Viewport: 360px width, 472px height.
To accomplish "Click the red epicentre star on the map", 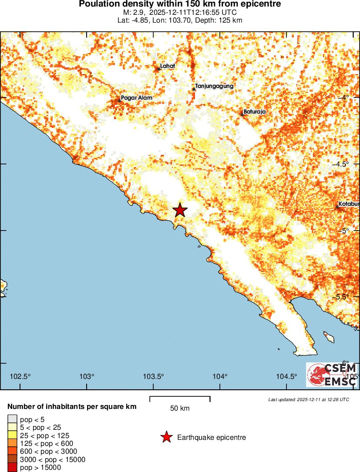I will click(x=180, y=210).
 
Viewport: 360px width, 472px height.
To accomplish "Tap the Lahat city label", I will click(x=168, y=67).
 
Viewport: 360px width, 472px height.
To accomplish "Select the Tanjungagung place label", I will click(x=215, y=86).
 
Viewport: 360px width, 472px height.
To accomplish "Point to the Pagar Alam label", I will click(x=137, y=98).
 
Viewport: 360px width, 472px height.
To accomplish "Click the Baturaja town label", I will click(x=255, y=112).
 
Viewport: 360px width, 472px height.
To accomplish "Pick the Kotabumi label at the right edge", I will click(x=349, y=204).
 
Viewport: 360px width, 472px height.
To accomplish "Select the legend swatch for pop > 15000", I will click(x=12, y=468).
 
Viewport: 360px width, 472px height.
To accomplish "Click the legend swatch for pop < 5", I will click(x=12, y=420).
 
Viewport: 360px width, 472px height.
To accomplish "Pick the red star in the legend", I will click(x=166, y=437).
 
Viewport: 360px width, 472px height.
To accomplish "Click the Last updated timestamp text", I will click(x=309, y=399).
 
